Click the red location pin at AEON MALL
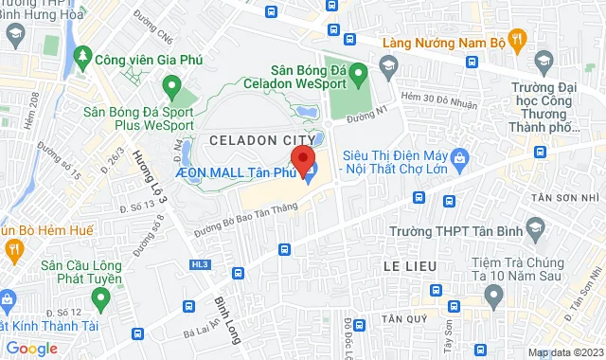pos(301,158)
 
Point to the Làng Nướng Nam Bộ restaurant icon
pos(516,40)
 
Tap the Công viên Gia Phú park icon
pos(83,58)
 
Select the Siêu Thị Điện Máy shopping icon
pos(459,155)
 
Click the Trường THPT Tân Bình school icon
pos(536,229)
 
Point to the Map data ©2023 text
pos(562,352)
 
